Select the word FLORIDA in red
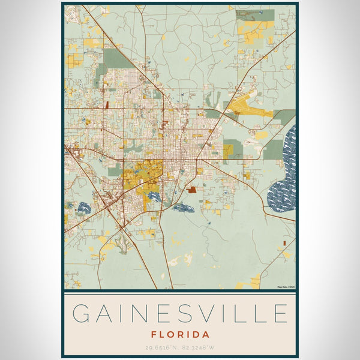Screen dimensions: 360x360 coord(180,334)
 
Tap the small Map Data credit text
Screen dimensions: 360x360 coord(286,286)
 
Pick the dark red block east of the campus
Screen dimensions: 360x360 coord(191,190)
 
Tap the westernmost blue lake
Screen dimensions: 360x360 coord(82,208)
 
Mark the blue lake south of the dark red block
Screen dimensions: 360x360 coord(184,208)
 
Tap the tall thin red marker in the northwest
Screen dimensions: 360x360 coord(107,104)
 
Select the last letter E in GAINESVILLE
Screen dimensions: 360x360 coord(278,314)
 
